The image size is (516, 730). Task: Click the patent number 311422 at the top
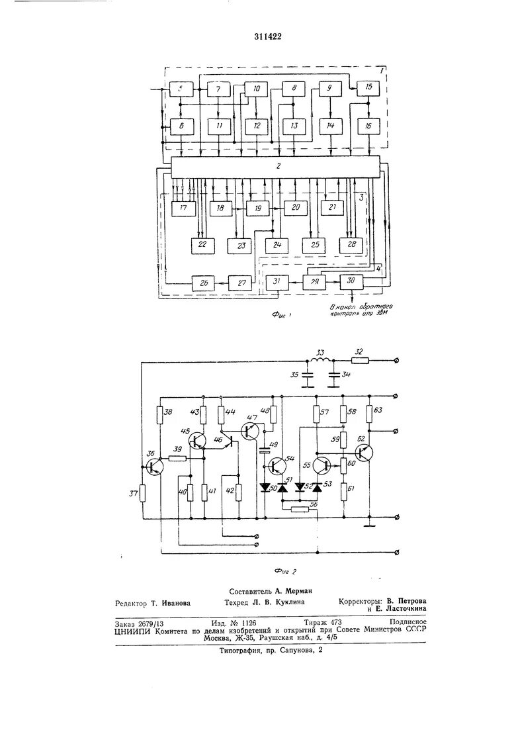click(267, 36)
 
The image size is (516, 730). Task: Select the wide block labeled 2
click(277, 167)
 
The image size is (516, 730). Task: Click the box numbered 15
click(368, 88)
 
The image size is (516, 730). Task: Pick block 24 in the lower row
click(277, 245)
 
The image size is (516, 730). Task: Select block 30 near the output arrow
click(351, 281)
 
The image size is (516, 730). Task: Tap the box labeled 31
click(277, 282)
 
